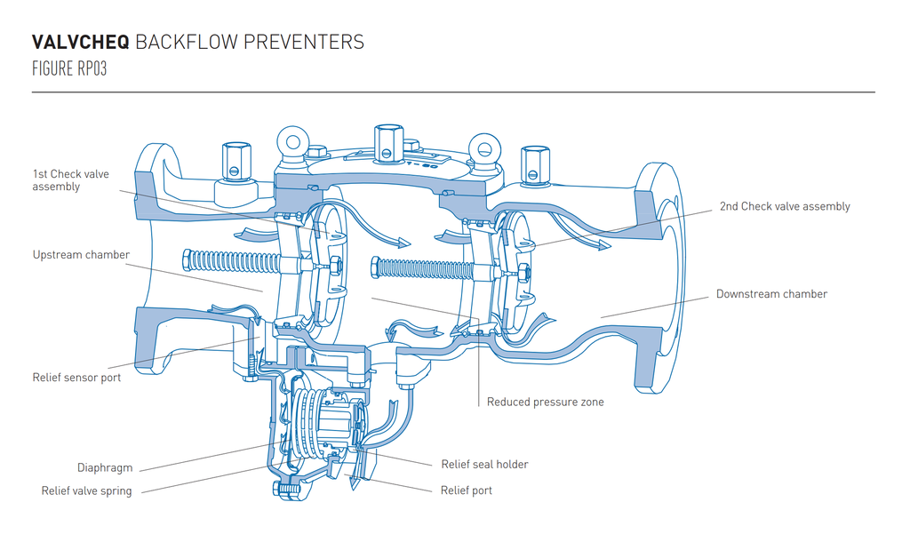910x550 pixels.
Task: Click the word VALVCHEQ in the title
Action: click(81, 43)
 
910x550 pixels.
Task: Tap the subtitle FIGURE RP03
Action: click(69, 69)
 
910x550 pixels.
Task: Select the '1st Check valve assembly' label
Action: click(70, 180)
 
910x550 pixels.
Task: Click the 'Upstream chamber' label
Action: click(81, 255)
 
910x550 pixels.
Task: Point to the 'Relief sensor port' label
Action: click(76, 378)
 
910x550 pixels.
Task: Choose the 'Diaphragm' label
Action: click(105, 468)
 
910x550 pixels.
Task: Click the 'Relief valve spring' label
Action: click(86, 491)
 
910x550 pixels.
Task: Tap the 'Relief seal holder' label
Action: click(484, 465)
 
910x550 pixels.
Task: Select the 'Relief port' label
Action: click(467, 490)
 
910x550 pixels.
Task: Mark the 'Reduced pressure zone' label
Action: click(545, 403)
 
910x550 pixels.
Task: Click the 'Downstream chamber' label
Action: click(771, 294)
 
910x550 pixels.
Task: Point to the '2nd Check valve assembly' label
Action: click(784, 207)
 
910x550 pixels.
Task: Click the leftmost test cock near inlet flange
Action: click(235, 158)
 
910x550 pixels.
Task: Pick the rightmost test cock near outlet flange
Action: click(531, 162)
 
